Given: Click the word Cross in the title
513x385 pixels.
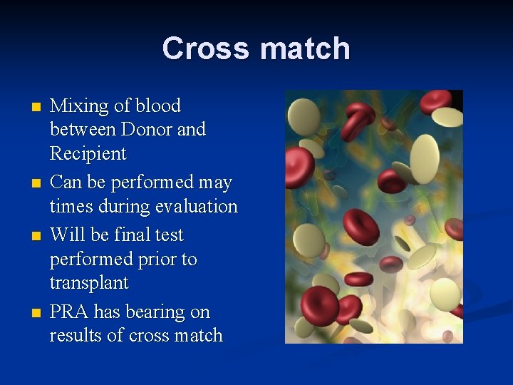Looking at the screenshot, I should coord(207,49).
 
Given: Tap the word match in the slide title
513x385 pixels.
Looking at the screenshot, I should coord(305,49).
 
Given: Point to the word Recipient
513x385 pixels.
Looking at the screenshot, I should coord(88,154).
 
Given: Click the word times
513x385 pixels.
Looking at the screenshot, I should coord(71,207).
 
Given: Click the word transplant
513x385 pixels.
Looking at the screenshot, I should coord(89,283).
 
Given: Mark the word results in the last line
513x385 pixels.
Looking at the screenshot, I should coord(75,336).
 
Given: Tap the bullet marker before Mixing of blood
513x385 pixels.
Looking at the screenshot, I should coord(37,108).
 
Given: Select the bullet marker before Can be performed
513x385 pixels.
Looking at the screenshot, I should coord(37,184).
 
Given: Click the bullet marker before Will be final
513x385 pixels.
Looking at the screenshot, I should coord(37,236).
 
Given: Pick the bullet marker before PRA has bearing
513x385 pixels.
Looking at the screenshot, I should coord(37,313).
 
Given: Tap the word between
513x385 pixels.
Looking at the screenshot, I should coord(83,130).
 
